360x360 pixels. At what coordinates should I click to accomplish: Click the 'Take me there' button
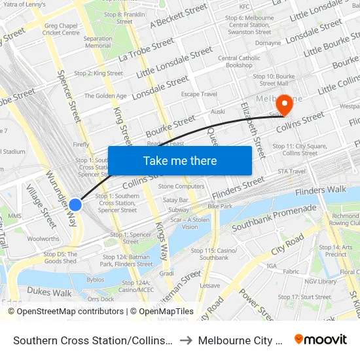180,160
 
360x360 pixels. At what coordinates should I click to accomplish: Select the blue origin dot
75,204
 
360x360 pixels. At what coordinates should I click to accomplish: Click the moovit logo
321,339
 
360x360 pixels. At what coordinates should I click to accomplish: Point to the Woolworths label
43,239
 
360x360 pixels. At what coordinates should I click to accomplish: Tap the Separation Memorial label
98,42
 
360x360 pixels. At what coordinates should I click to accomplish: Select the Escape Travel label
199,94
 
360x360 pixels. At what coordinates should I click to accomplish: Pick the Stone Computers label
181,187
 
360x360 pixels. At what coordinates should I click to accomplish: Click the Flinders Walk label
320,190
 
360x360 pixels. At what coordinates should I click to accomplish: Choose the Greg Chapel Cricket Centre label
61,29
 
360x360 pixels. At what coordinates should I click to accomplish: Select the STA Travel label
291,171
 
